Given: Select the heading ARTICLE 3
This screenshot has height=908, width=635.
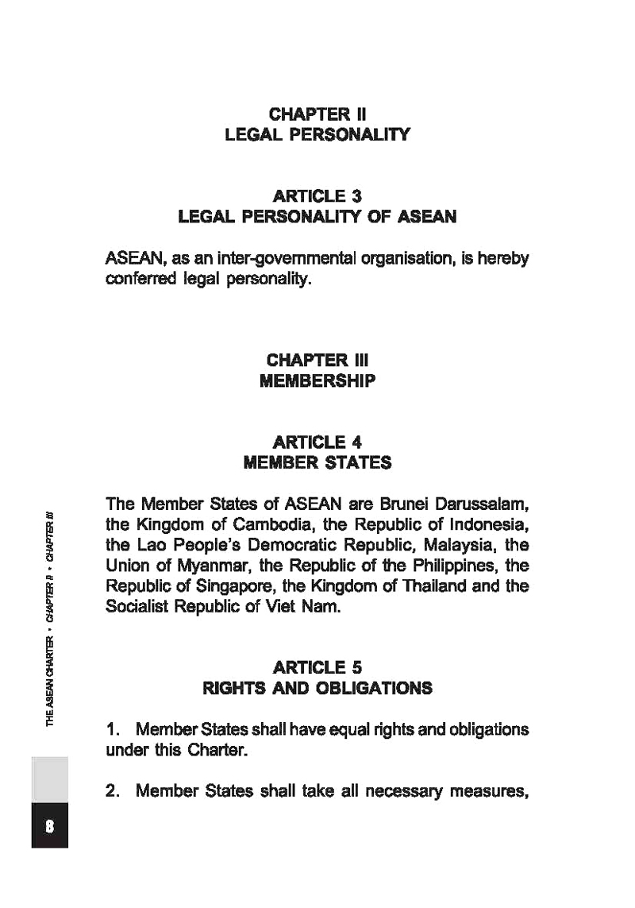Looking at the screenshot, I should point(317,195).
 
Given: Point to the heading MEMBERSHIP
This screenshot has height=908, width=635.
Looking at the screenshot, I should point(317,381).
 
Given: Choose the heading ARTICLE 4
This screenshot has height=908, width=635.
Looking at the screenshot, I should point(317,442).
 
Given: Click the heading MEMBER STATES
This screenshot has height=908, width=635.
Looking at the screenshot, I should point(317,462).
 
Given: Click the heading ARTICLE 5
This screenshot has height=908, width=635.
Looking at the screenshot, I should point(317,667).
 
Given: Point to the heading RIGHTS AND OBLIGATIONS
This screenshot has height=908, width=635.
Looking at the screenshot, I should point(317,688).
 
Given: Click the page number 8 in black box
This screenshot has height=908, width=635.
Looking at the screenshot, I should point(49,825).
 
